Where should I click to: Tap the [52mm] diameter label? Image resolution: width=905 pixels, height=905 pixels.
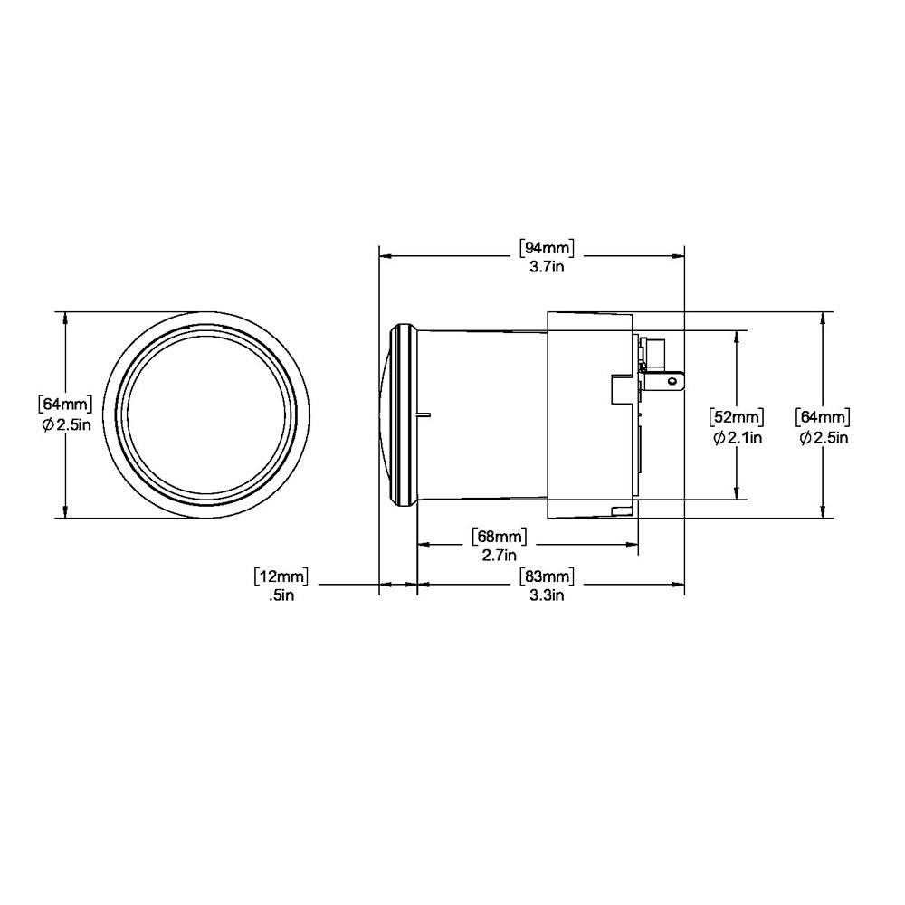click(x=735, y=417)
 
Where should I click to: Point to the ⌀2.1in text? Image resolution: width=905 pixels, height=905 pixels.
click(x=737, y=438)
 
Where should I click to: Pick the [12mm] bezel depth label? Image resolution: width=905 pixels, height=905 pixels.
click(x=281, y=576)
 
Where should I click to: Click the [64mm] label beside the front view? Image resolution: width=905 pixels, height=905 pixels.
click(x=64, y=403)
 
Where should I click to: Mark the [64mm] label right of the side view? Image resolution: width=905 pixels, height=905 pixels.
click(x=822, y=417)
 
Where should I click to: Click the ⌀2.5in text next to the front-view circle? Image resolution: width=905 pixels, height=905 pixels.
click(x=66, y=424)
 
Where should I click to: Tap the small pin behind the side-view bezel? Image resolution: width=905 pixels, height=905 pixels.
click(x=425, y=416)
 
